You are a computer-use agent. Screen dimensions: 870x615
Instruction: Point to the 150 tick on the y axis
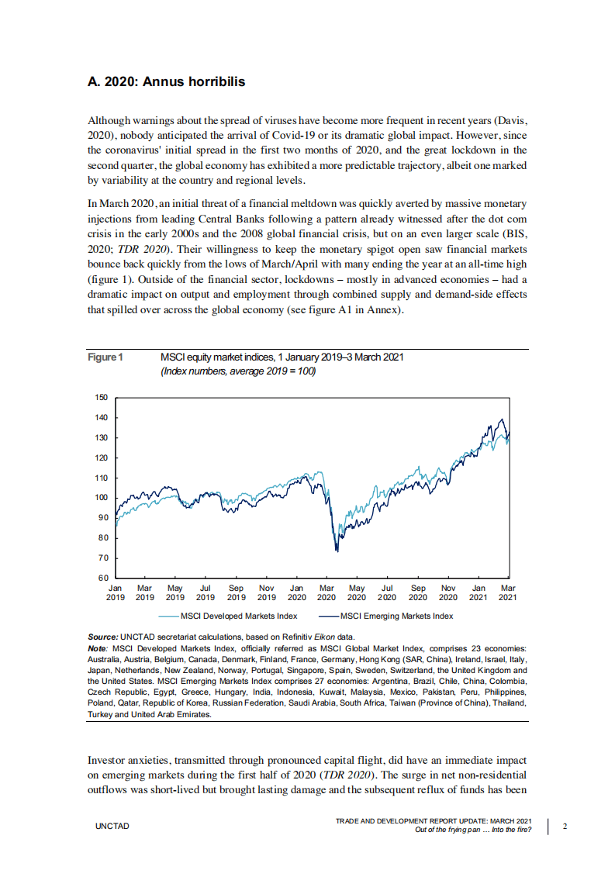click(x=102, y=397)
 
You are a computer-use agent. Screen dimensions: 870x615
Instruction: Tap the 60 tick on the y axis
click(x=103, y=578)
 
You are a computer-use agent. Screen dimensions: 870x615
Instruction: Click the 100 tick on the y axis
click(x=102, y=498)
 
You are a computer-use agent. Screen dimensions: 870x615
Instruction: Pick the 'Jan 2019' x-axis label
click(x=115, y=592)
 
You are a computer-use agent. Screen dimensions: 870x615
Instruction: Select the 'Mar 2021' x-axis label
click(x=508, y=592)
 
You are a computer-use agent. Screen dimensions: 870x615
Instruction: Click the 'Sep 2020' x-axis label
click(x=417, y=592)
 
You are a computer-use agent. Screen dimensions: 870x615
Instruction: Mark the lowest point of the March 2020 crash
click(x=337, y=551)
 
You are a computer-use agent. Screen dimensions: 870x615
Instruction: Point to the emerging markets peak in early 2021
click(x=501, y=419)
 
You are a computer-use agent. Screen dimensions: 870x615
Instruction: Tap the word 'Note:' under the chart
click(x=98, y=647)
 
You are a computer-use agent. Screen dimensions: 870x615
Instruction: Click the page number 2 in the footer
click(x=565, y=826)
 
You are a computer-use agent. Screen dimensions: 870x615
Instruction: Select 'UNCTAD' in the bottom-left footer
click(x=112, y=827)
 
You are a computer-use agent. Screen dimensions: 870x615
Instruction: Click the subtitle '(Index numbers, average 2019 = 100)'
click(x=237, y=371)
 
